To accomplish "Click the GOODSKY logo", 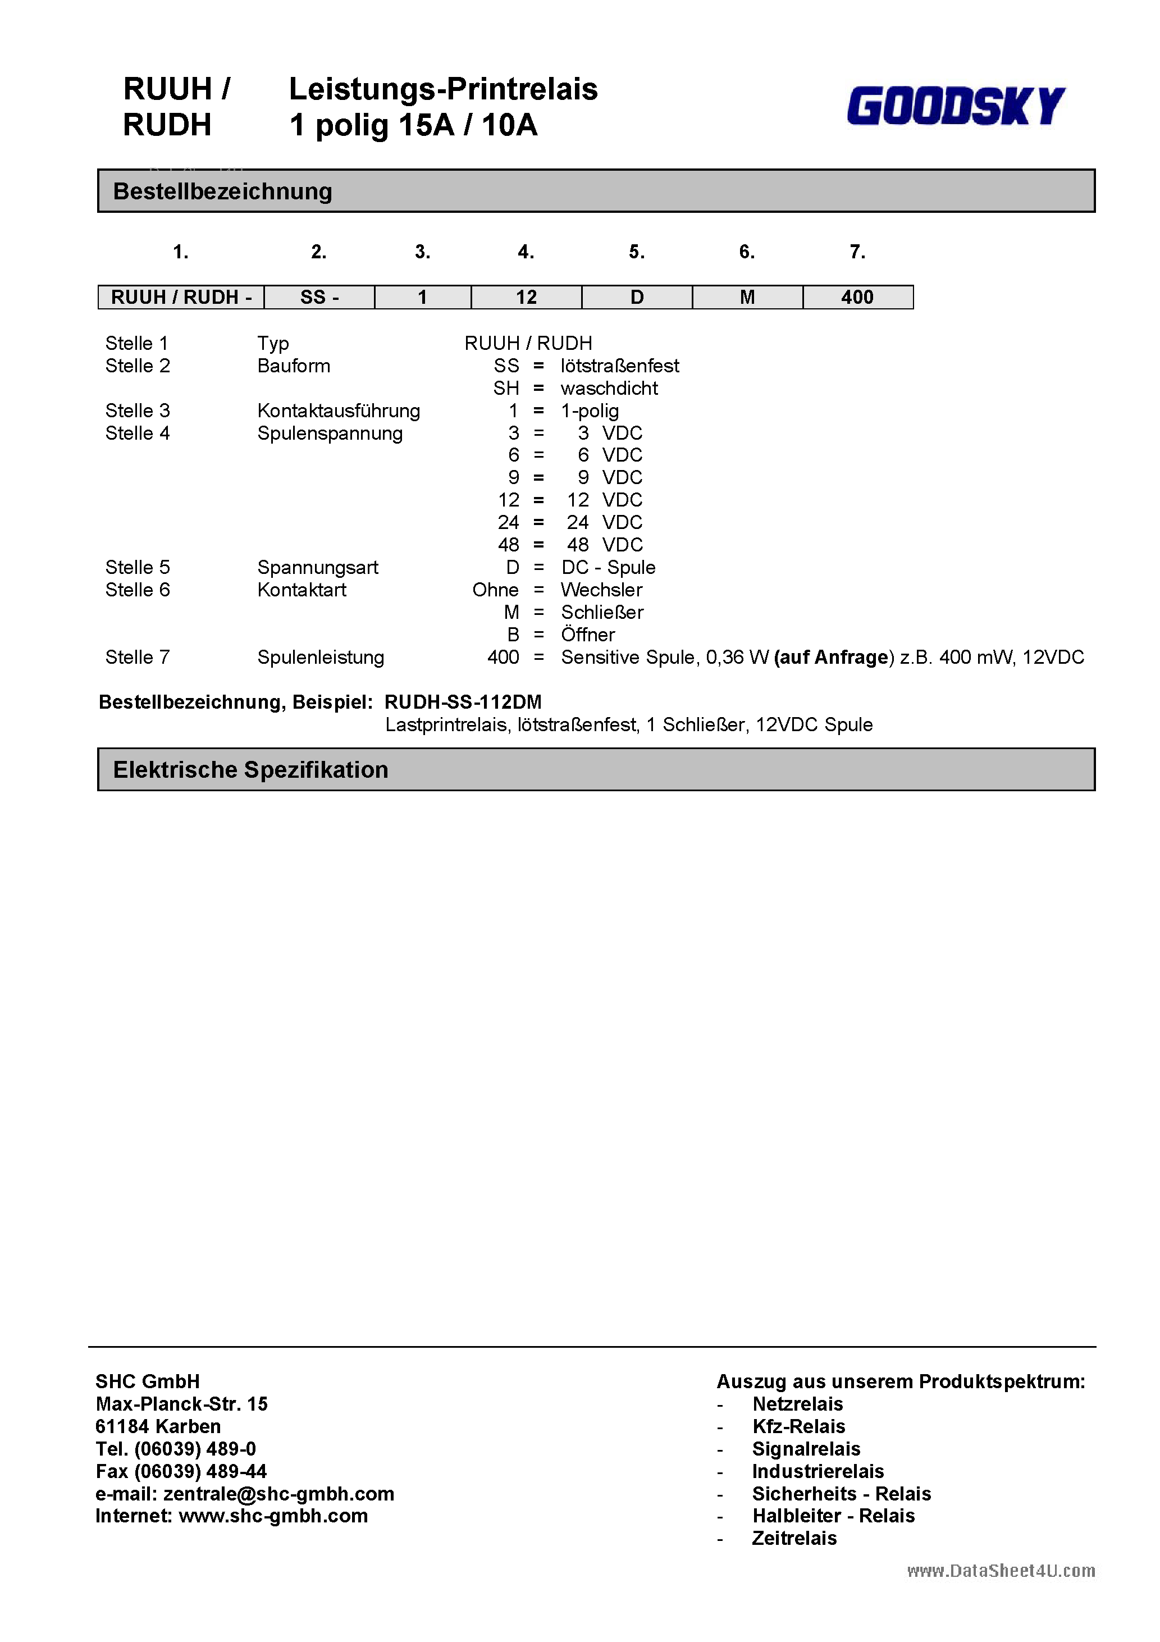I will point(956,106).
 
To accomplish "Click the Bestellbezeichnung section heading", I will point(222,191).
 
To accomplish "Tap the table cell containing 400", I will point(857,297).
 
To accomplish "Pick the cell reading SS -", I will point(319,297).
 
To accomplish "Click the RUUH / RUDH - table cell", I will point(181,297).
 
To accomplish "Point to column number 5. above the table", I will point(637,252).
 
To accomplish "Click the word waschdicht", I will point(609,389).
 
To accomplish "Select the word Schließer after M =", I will point(601,612).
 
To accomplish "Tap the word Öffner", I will point(587,635).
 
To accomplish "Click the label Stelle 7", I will point(138,657).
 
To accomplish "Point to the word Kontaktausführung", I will point(338,410).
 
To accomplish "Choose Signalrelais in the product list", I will point(806,1449).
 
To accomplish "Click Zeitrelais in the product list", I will point(794,1538).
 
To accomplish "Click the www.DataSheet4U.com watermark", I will point(1001,1571).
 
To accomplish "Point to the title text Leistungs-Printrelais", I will point(442,89).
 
